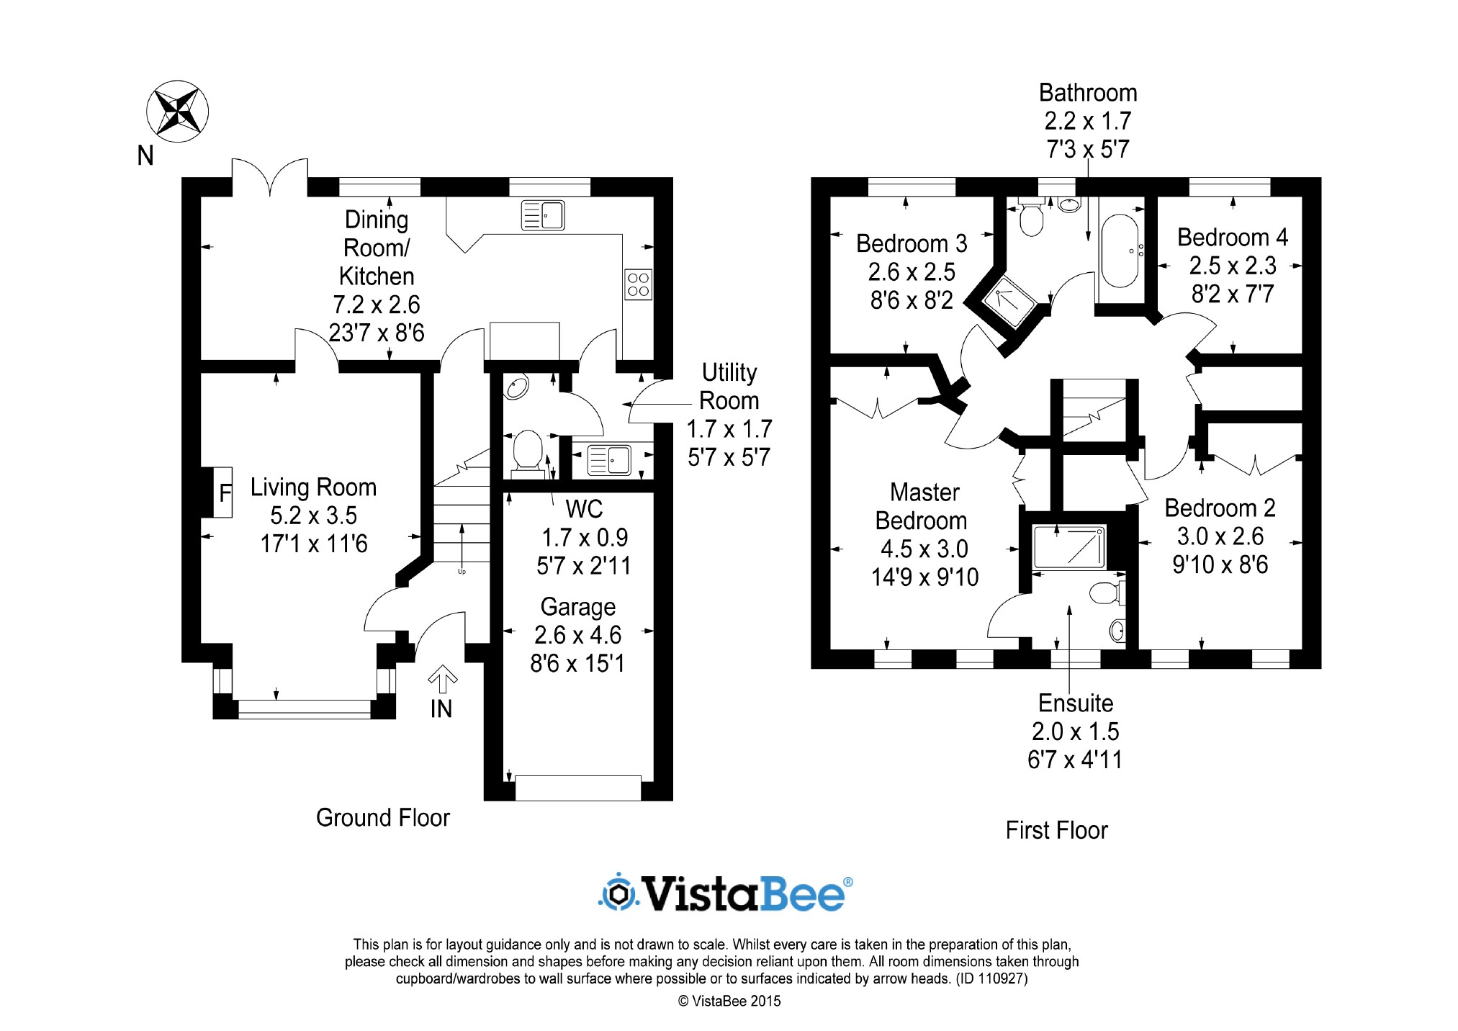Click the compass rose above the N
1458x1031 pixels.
[177, 112]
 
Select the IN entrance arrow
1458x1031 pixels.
[442, 679]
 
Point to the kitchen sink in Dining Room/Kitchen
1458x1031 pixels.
[543, 215]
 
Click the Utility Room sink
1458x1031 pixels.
[609, 460]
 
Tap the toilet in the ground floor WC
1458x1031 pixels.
[528, 450]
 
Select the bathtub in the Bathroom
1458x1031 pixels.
[1120, 251]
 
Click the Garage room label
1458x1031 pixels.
[577, 607]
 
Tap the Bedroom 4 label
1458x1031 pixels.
[1232, 237]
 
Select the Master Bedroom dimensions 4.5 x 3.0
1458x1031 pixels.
[924, 549]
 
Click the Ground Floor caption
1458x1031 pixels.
[382, 817]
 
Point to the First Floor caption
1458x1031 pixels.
[1056, 830]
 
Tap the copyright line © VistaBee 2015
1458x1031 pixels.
[729, 1001]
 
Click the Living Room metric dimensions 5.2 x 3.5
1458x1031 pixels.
[313, 515]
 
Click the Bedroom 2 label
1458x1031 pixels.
[1220, 508]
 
